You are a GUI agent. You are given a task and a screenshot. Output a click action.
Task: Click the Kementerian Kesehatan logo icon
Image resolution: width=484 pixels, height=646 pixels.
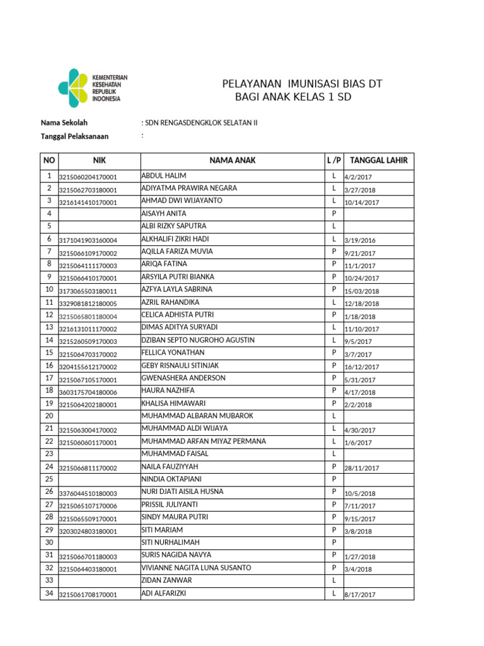point(74,88)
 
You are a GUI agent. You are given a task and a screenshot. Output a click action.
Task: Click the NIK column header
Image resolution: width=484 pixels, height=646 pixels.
point(99,160)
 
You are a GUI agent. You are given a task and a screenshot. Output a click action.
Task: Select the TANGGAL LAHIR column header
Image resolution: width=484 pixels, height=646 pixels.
point(378,160)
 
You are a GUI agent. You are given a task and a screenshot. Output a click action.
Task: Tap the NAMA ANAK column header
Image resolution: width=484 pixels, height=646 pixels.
point(232,160)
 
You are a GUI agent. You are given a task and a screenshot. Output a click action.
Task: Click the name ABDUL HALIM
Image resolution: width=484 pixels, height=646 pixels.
point(164,175)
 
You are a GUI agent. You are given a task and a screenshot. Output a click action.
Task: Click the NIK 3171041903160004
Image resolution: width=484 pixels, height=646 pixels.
point(88,240)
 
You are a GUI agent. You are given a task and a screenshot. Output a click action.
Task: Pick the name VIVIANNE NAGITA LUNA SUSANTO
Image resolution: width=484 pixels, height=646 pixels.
point(196,568)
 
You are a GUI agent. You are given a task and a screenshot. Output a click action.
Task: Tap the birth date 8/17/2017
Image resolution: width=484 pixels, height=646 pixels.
point(359,595)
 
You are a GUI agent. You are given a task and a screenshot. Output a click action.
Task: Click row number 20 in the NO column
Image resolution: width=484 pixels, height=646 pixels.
point(49,416)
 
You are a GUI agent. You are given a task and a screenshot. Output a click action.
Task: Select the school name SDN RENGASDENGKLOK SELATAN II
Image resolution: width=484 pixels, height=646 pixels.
point(202,122)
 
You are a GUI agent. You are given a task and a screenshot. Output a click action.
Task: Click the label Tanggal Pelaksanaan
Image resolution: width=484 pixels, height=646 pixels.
point(74,136)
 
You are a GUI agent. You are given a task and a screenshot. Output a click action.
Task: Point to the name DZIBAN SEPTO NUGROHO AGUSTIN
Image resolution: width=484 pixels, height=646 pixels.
point(198,340)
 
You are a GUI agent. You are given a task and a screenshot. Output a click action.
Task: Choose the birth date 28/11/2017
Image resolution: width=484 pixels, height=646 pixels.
point(361,468)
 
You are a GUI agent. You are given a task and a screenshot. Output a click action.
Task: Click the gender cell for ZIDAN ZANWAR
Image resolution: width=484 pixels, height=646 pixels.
point(333,580)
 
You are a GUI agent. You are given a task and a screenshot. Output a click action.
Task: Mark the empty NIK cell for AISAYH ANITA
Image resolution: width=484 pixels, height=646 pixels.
point(98,214)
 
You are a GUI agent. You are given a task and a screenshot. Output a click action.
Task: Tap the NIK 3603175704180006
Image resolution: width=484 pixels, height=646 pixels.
point(88,392)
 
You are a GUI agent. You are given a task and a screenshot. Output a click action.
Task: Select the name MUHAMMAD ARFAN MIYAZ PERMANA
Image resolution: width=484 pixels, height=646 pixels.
point(204,441)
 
